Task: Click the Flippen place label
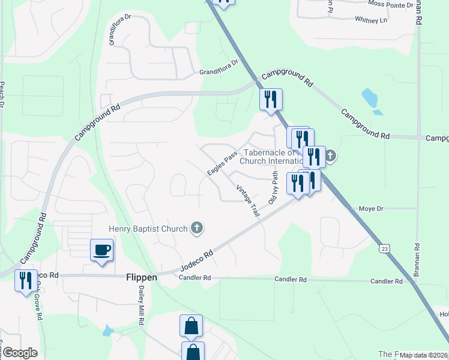point(142,277)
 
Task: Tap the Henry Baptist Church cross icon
point(196,227)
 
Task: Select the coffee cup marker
point(101,250)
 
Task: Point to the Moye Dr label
point(370,209)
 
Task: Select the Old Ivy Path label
point(273,188)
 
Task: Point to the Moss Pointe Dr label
point(391,4)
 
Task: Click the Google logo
point(19,353)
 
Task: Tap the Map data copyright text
point(423,355)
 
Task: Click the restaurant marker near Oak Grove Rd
point(25,281)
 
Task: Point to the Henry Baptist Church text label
point(148,228)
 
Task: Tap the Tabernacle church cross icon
point(330,157)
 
